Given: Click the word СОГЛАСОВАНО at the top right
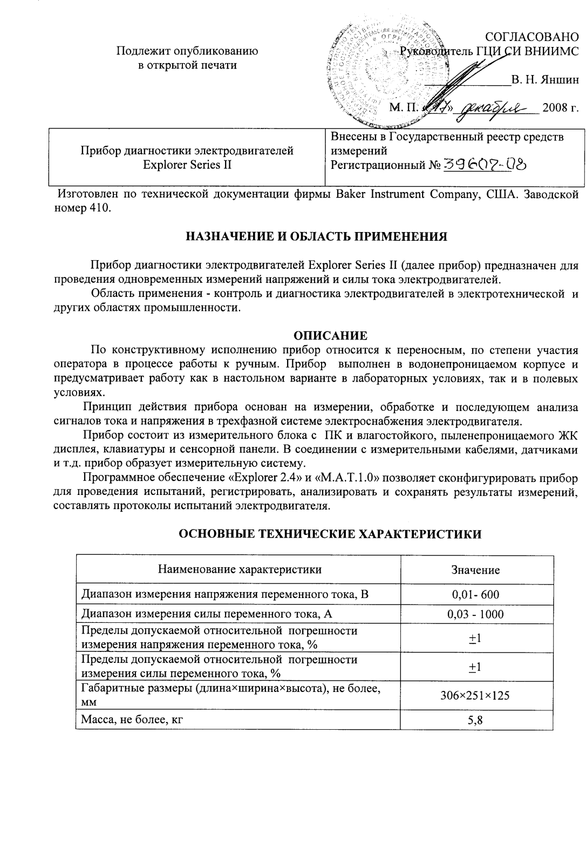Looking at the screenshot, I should point(532,37).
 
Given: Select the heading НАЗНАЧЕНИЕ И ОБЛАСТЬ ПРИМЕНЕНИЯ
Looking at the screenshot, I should point(317,236).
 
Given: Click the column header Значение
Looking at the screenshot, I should point(475,570).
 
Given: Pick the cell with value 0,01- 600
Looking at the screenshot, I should point(475,595).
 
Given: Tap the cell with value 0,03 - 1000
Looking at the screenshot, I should point(475,614).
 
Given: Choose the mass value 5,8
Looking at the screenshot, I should point(475,719).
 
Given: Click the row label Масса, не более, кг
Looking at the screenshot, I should point(130,719).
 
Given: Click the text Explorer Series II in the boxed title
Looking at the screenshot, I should point(187,165).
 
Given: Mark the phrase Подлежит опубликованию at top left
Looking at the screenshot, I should point(187,51).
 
